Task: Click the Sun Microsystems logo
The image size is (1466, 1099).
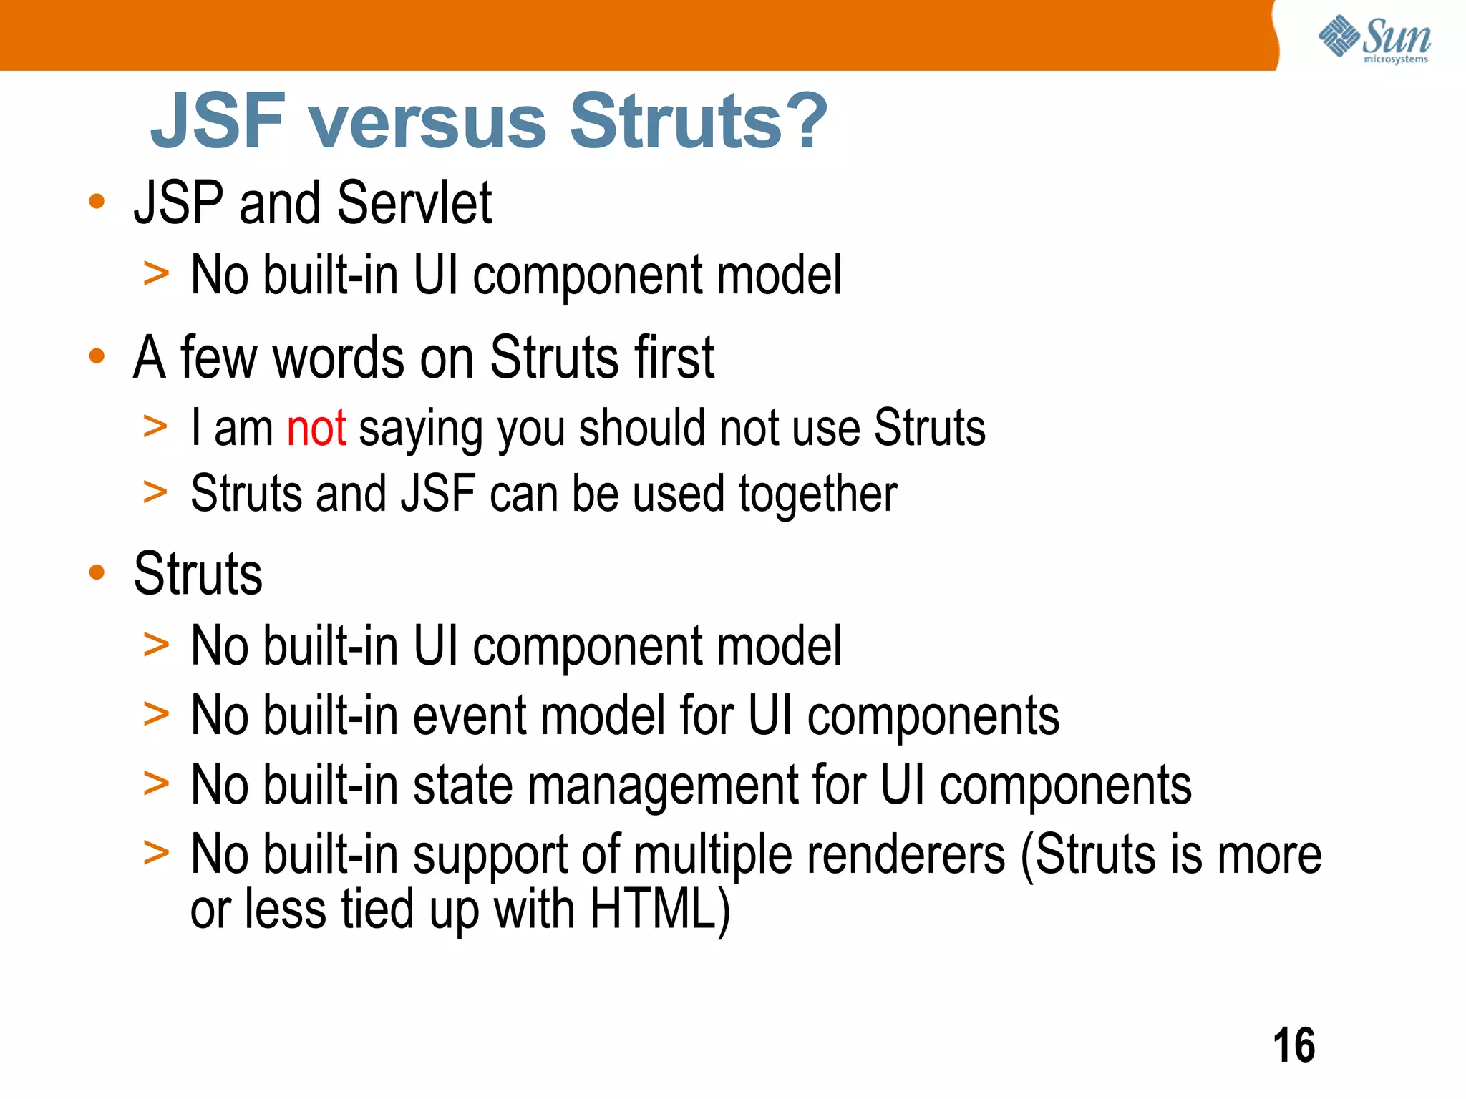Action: (1374, 39)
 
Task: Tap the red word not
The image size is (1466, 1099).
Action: (316, 429)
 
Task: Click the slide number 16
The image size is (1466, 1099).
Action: (1293, 1045)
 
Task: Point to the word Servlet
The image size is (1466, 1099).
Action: (414, 203)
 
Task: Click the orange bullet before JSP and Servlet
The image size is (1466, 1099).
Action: (97, 202)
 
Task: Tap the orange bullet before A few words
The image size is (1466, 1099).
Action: (97, 356)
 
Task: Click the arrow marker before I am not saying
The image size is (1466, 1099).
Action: (155, 426)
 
